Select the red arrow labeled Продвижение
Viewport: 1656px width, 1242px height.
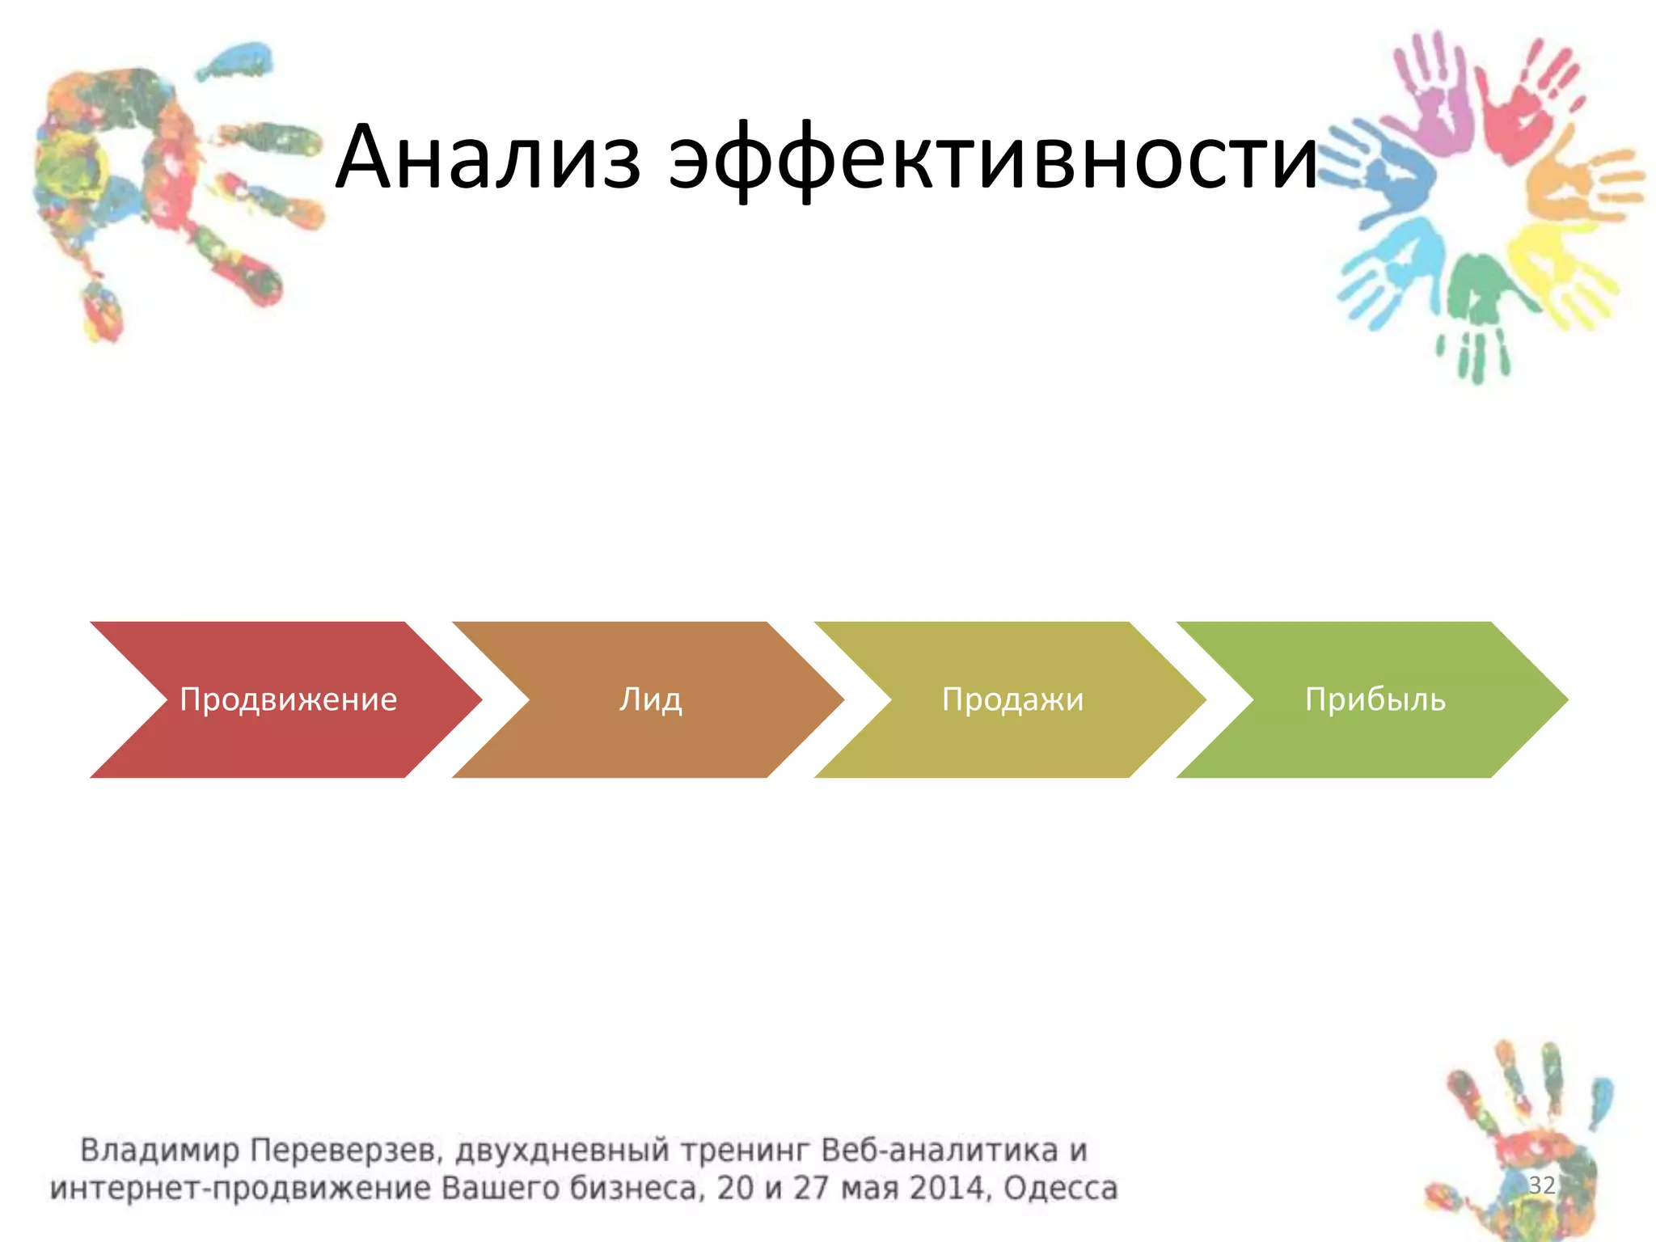coord(288,699)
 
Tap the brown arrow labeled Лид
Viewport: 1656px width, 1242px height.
coord(650,699)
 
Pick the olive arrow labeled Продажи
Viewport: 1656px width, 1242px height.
coord(1012,699)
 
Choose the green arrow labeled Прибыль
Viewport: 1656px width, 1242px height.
coord(1375,699)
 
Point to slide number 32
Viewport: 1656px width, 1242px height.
coord(1541,1185)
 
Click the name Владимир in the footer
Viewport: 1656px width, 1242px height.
coord(159,1150)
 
